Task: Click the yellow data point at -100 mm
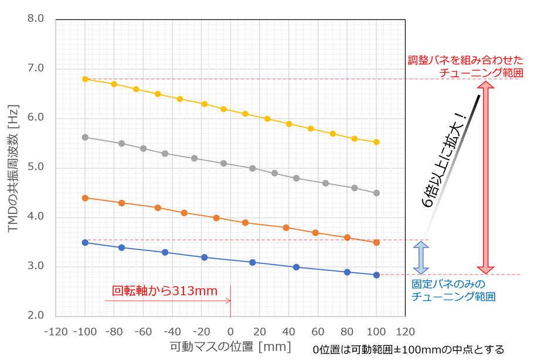85,79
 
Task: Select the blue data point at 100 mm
376,275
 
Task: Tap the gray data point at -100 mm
85,137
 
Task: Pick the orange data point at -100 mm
85,198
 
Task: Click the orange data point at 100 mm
376,242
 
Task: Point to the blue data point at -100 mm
85,242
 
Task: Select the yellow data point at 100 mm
376,142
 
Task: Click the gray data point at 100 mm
376,193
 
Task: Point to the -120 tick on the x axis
56,330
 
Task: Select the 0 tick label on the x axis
231,330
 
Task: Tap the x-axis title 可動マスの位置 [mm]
230,347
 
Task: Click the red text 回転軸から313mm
165,290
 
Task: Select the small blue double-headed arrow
420,257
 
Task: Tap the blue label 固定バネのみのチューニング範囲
453,291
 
